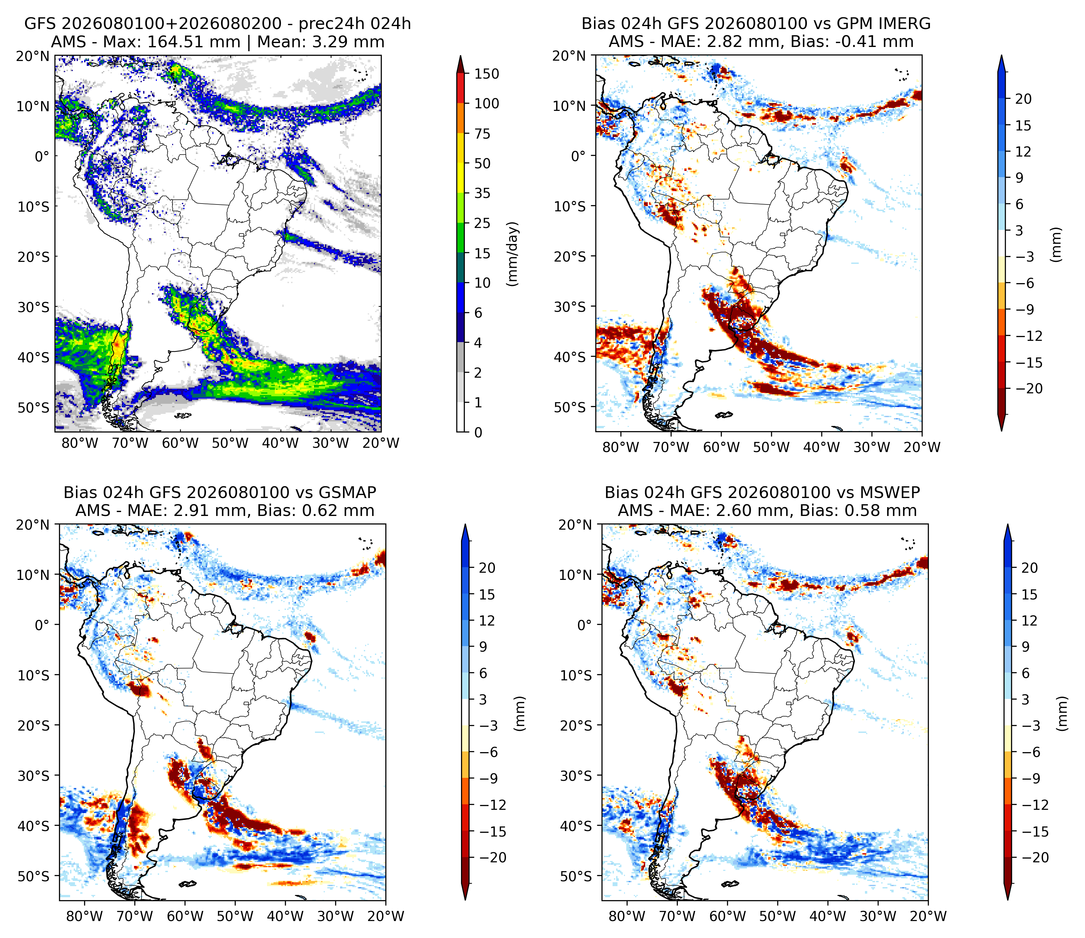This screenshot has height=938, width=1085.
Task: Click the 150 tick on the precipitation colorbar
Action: click(487, 74)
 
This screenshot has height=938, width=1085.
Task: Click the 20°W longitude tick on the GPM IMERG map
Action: click(922, 447)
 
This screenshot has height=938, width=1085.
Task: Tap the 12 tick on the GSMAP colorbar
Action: click(487, 621)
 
